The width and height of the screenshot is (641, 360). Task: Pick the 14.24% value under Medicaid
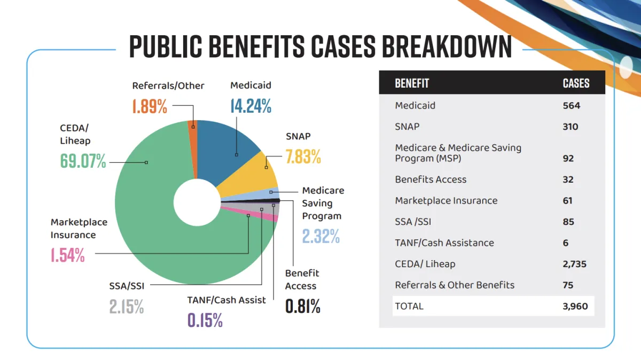pos(251,106)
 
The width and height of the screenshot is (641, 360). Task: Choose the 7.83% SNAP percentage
pos(303,156)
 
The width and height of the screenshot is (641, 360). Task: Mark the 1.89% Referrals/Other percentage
pos(150,106)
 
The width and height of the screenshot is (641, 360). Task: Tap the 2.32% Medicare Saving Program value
pos(321,236)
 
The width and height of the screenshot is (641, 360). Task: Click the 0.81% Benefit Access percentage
pos(303,306)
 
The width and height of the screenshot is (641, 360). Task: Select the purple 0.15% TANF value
pos(205,320)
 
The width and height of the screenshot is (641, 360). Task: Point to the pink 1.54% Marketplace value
pos(68,255)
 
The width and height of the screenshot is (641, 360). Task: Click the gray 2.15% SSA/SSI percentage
pos(127,306)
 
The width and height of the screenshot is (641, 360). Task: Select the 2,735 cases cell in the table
pos(575,264)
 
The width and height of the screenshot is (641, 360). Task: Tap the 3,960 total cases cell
pos(575,306)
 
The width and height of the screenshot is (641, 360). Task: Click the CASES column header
pos(576,83)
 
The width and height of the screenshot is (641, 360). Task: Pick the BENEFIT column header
pos(412,83)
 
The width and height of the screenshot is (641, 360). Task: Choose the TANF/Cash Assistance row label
pos(444,242)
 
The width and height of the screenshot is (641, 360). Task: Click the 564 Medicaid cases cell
pos(571,105)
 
